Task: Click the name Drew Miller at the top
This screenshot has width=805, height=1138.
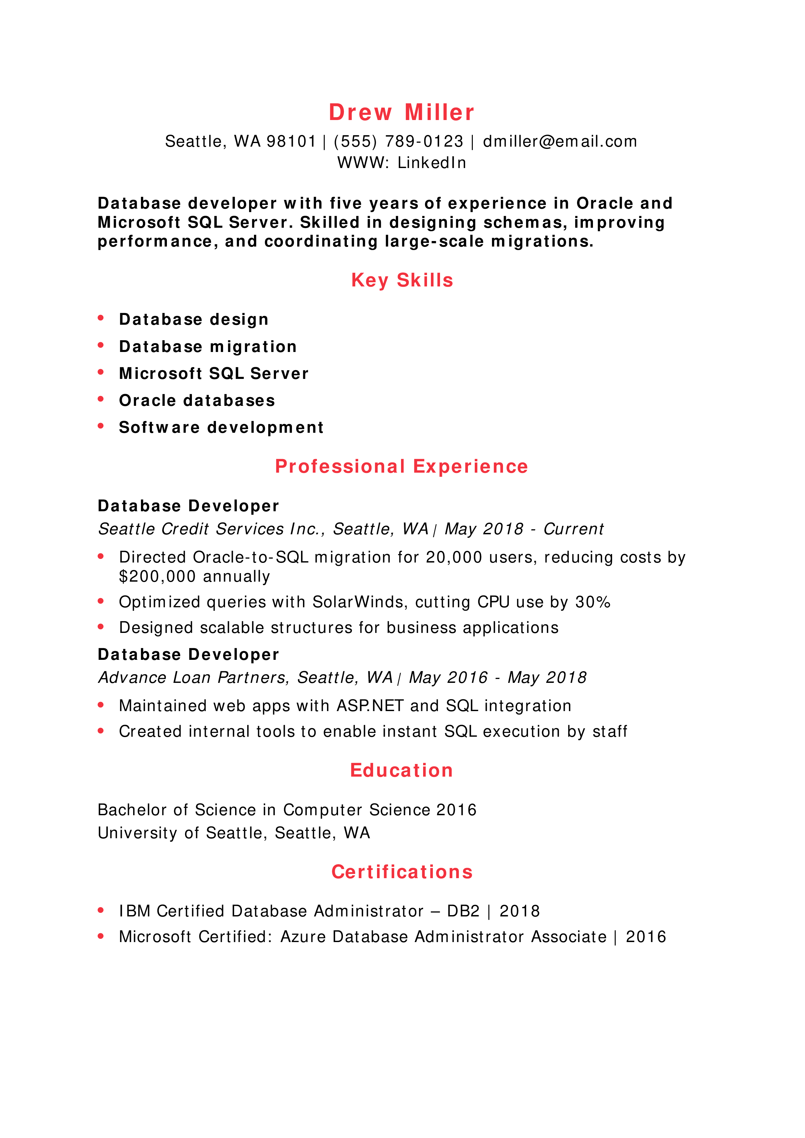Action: tap(401, 113)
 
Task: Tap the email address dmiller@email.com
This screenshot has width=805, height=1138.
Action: tap(560, 142)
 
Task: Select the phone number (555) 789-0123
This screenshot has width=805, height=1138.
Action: tap(398, 142)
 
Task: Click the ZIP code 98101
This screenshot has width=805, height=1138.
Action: tap(291, 142)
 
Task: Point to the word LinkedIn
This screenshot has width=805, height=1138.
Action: tap(432, 163)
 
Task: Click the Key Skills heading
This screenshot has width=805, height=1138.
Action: tap(402, 281)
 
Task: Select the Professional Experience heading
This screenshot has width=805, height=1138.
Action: tap(401, 467)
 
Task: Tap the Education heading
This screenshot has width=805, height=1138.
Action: tap(401, 771)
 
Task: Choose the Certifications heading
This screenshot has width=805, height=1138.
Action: tap(402, 872)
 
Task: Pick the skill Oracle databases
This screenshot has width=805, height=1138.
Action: tap(197, 401)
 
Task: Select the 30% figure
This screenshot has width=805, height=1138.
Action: tap(593, 602)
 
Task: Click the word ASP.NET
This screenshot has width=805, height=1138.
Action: tap(370, 706)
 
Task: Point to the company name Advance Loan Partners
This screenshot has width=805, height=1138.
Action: tap(193, 678)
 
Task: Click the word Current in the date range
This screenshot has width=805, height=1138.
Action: tap(573, 529)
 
